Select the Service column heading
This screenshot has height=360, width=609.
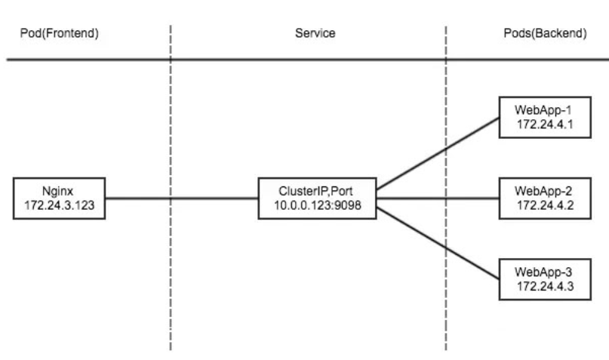coord(315,34)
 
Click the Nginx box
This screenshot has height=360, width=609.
coord(58,198)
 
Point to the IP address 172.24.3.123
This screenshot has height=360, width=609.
coord(58,205)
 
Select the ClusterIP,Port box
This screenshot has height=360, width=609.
coord(317,198)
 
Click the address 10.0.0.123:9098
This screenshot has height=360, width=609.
coord(317,205)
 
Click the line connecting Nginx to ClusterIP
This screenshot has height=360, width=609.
coord(181,199)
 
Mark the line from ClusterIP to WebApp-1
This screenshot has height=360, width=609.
coord(438,154)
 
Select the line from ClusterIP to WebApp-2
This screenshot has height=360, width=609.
coord(438,199)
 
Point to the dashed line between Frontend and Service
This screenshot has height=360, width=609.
coord(171,287)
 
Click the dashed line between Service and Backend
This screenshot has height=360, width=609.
coord(447,302)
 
